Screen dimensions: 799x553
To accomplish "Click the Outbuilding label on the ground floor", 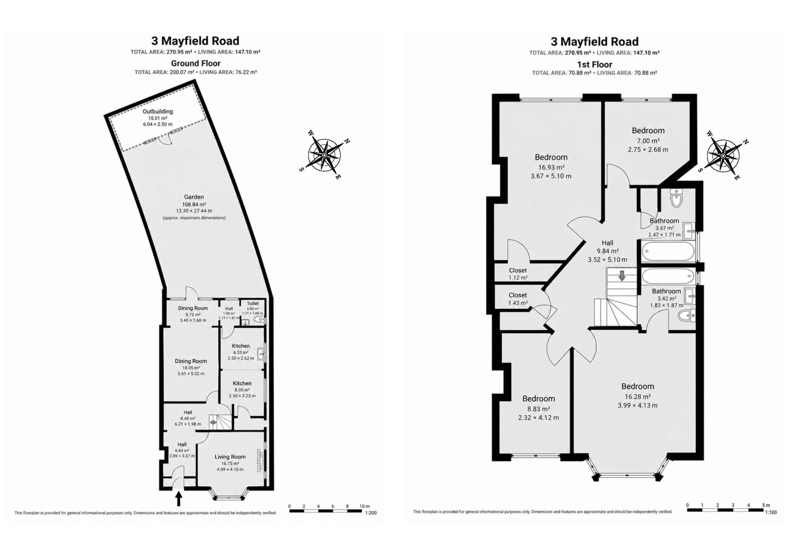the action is coord(158,112).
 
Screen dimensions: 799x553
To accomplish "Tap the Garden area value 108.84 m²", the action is coord(194,204).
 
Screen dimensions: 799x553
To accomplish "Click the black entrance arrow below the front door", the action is coord(179,499).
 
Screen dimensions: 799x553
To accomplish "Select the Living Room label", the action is coord(230,457).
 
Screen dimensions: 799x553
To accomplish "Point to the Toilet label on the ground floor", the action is coord(253,304).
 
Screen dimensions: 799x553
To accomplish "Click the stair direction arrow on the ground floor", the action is coord(213,423).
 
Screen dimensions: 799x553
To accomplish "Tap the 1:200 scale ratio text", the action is coord(371,513).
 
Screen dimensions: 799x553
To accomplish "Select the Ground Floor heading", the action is coord(196,63).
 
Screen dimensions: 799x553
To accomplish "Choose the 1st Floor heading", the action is coord(595,65).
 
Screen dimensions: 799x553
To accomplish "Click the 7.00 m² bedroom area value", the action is coord(648,141).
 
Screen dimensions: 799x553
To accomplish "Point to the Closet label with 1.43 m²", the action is coord(518,295).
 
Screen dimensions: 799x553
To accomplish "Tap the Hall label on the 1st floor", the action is coord(607,243).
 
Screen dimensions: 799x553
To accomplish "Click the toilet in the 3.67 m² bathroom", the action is coord(676,198).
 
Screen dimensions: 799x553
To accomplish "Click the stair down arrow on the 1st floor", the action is coord(622,276).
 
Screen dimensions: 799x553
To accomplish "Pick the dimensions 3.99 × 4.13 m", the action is coord(638,405).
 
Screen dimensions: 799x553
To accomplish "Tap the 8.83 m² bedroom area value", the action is coord(539,409).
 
